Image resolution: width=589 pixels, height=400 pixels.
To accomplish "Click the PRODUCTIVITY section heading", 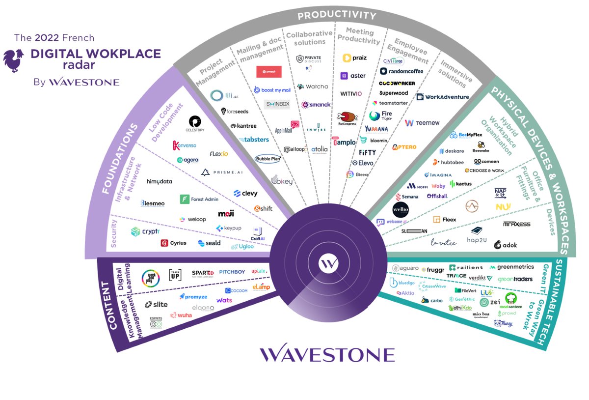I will [x=337, y=15].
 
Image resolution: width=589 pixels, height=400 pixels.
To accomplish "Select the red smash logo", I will [x=268, y=72].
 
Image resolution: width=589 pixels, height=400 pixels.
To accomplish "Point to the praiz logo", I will [x=355, y=58].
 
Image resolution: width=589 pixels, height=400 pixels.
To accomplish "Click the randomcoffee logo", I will [x=402, y=71].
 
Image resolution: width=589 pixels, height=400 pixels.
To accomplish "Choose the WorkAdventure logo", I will [x=443, y=97].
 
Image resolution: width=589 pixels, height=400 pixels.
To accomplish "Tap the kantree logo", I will [x=243, y=126].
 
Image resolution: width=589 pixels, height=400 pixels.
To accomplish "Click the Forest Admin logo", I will [x=199, y=200].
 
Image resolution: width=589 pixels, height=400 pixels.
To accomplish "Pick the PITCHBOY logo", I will [x=232, y=272].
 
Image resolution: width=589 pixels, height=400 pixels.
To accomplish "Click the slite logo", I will [x=156, y=305].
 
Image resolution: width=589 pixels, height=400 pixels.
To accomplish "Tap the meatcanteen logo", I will [x=510, y=300].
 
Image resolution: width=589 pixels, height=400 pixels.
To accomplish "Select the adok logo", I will [x=506, y=244].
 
